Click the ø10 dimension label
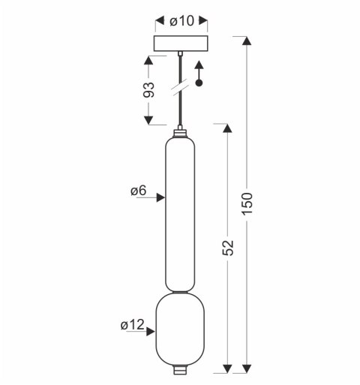[x=181, y=21]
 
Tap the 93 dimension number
[x=148, y=89]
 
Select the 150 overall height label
[x=247, y=203]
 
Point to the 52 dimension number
[x=227, y=248]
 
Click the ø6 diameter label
[x=139, y=191]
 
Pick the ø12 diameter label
[x=132, y=325]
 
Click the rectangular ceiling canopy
[x=181, y=44]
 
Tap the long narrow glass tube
[x=180, y=214]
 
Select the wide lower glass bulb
[x=180, y=330]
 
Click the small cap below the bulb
[x=180, y=371]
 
